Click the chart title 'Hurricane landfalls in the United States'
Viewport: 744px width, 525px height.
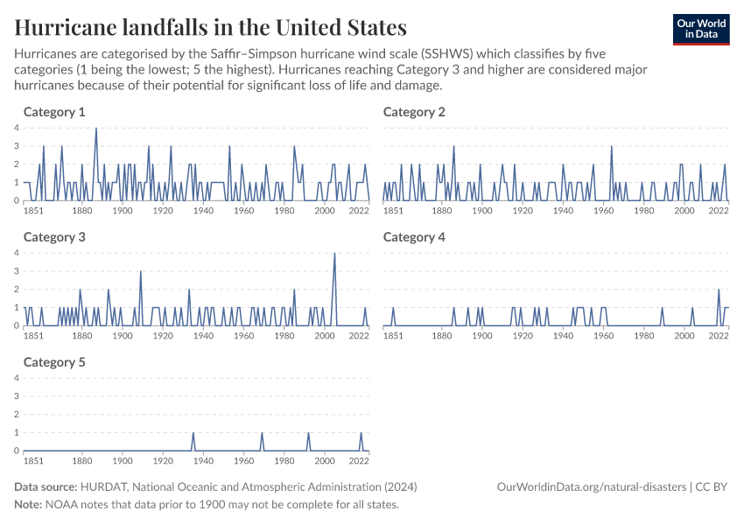(x=210, y=26)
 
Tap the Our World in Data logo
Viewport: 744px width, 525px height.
(x=700, y=29)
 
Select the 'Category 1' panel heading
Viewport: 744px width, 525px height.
(x=54, y=112)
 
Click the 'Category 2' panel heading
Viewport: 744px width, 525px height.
(x=414, y=112)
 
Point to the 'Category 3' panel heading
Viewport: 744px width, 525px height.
(x=54, y=237)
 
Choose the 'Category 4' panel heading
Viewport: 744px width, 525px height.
(x=414, y=237)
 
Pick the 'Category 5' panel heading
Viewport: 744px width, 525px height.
(x=54, y=362)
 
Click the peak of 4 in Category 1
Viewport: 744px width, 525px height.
(x=96, y=129)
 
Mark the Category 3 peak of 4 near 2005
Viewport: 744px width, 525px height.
(x=334, y=254)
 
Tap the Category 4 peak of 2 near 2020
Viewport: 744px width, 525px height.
(x=719, y=290)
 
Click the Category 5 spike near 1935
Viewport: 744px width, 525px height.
(x=193, y=433)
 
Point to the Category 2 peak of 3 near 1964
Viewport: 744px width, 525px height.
(x=611, y=147)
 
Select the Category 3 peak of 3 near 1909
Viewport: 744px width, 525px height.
(x=141, y=271)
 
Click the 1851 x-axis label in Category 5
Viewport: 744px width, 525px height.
(x=33, y=460)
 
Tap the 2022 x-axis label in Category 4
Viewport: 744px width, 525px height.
(x=719, y=335)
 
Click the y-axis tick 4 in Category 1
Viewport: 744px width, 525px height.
(x=17, y=129)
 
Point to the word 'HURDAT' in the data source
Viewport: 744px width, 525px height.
(x=104, y=486)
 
